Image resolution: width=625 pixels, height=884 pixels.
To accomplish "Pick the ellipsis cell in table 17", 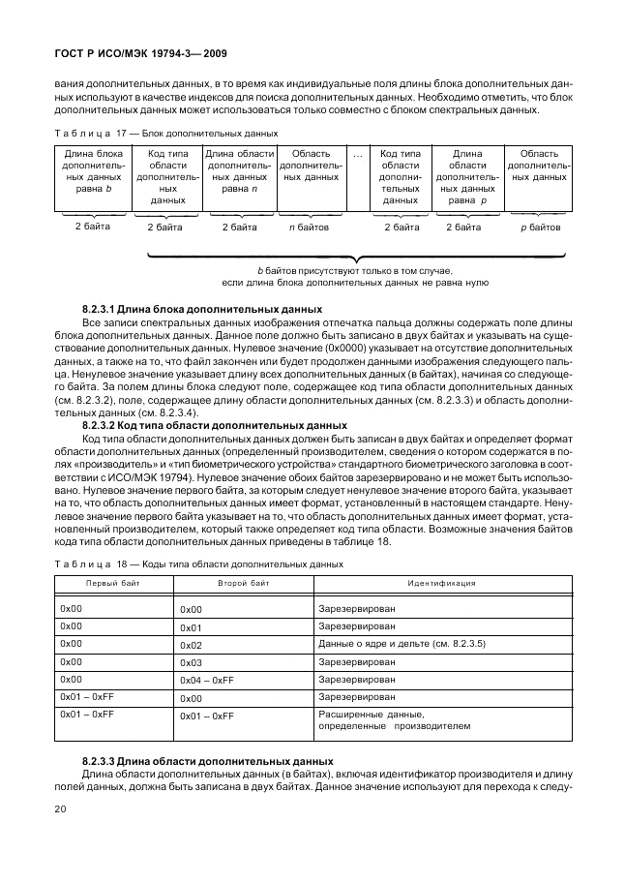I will pos(357,155).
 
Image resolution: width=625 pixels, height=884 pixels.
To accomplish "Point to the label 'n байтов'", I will pos(309,228).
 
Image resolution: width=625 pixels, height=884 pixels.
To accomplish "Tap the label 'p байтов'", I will pos(540,228).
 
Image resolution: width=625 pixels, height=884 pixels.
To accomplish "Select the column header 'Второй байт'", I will pos(244,584).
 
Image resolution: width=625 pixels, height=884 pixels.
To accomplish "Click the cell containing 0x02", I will pos(191,645).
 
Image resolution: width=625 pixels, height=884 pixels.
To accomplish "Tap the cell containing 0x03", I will pos(191,662).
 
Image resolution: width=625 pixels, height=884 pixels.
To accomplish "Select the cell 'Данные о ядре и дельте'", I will pos(402,644).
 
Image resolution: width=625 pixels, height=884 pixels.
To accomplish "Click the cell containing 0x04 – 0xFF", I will pos(207,681).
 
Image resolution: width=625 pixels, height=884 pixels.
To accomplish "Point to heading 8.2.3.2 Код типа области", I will pos(215,424).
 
